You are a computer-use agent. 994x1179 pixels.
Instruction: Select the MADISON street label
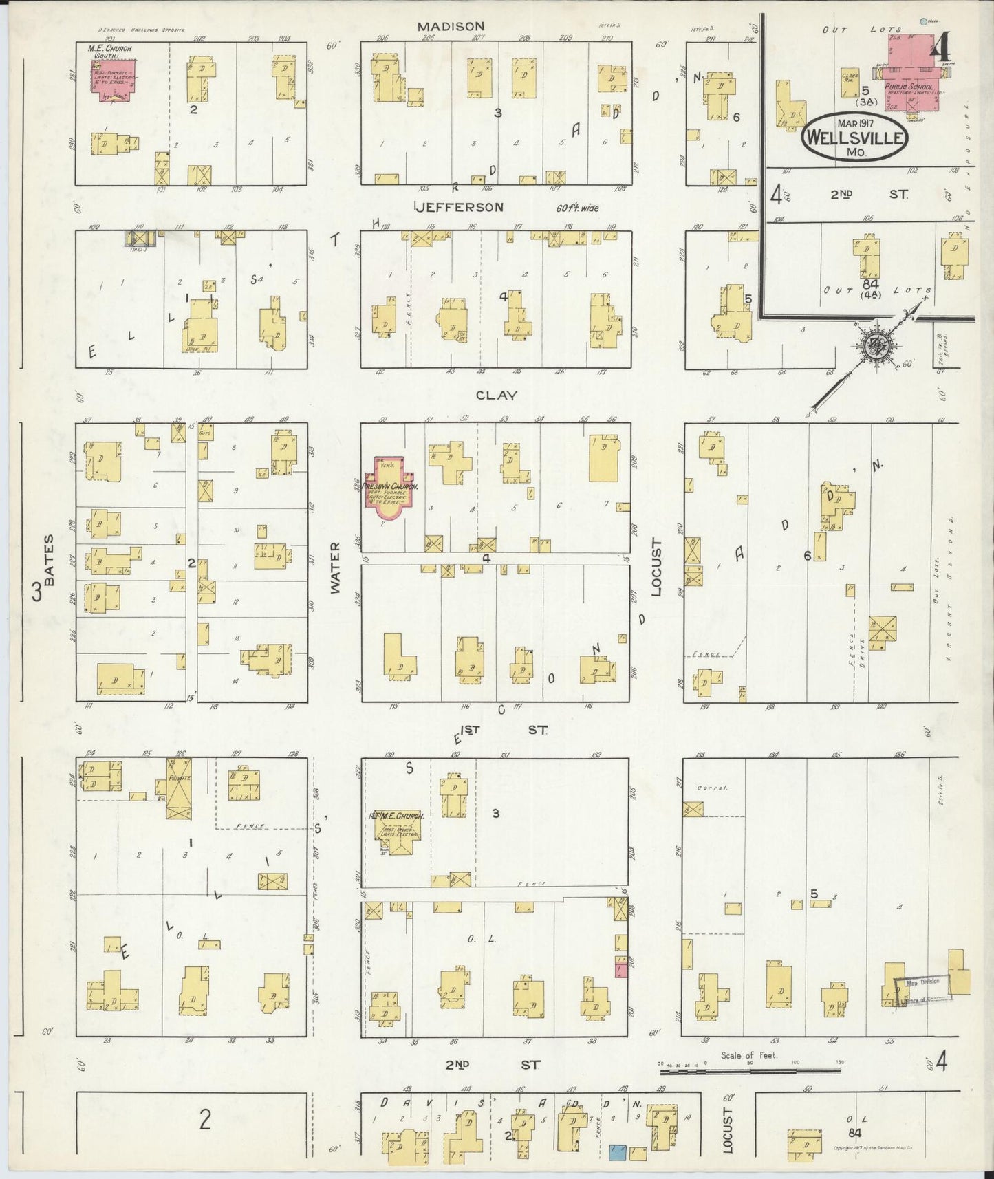pos(451,26)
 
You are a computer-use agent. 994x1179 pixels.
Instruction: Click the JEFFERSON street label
pos(459,207)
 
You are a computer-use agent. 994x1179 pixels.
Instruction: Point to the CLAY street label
pos(496,396)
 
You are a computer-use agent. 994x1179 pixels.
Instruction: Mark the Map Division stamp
pos(923,989)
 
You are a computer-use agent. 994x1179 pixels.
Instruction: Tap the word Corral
pos(712,788)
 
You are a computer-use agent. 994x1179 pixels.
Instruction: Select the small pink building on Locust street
pos(620,971)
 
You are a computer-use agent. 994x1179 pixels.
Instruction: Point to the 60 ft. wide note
pos(576,208)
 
